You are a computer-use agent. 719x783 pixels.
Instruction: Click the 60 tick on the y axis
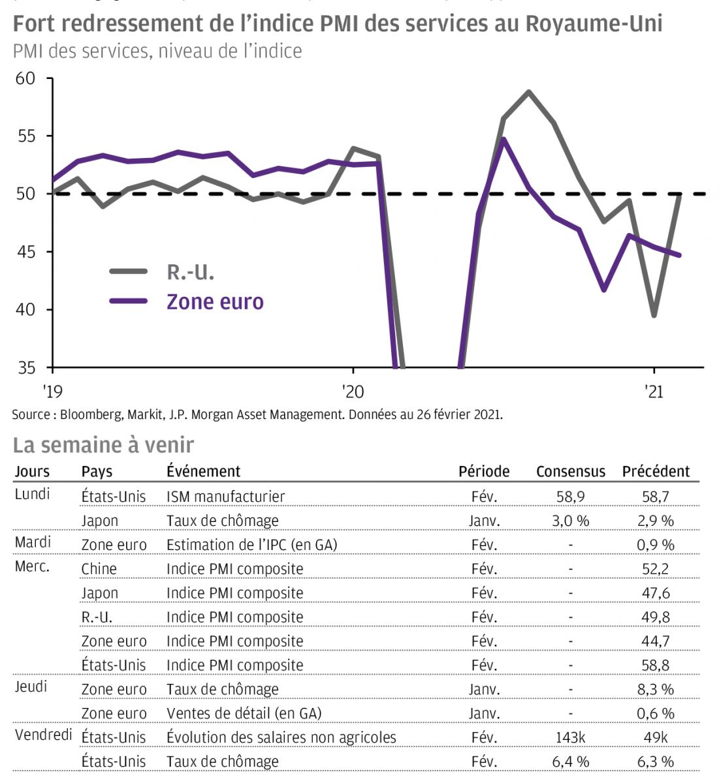pos(25,78)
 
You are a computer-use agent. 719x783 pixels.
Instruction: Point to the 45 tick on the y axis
pos(25,252)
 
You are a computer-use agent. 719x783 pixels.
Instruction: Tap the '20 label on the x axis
pos(353,391)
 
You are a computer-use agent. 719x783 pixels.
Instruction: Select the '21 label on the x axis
pos(654,391)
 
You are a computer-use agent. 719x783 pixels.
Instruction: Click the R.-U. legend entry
pos(190,272)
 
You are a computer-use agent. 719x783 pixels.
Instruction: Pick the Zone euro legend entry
pos(215,301)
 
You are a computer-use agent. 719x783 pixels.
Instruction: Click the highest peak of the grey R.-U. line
pos(528,92)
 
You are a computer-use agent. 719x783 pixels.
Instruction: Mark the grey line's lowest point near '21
pos(654,316)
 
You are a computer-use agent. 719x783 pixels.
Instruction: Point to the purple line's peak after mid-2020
pos(503,139)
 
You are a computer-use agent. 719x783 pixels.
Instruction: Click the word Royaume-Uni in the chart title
pos(594,24)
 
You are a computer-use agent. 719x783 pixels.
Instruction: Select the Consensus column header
pos(570,471)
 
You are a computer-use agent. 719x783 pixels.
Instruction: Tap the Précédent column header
pos(656,471)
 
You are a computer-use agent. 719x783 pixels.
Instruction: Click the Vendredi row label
pos(43,735)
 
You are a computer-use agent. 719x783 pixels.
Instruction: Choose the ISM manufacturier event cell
pos(225,497)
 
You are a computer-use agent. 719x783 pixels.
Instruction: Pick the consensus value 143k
pos(570,737)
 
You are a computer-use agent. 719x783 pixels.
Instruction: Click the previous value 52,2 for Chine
pos(655,569)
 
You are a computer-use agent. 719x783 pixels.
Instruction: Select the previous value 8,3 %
pos(656,689)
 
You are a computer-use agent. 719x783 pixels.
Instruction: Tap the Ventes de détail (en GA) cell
pos(244,713)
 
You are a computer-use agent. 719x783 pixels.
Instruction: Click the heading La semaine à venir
pos(103,445)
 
